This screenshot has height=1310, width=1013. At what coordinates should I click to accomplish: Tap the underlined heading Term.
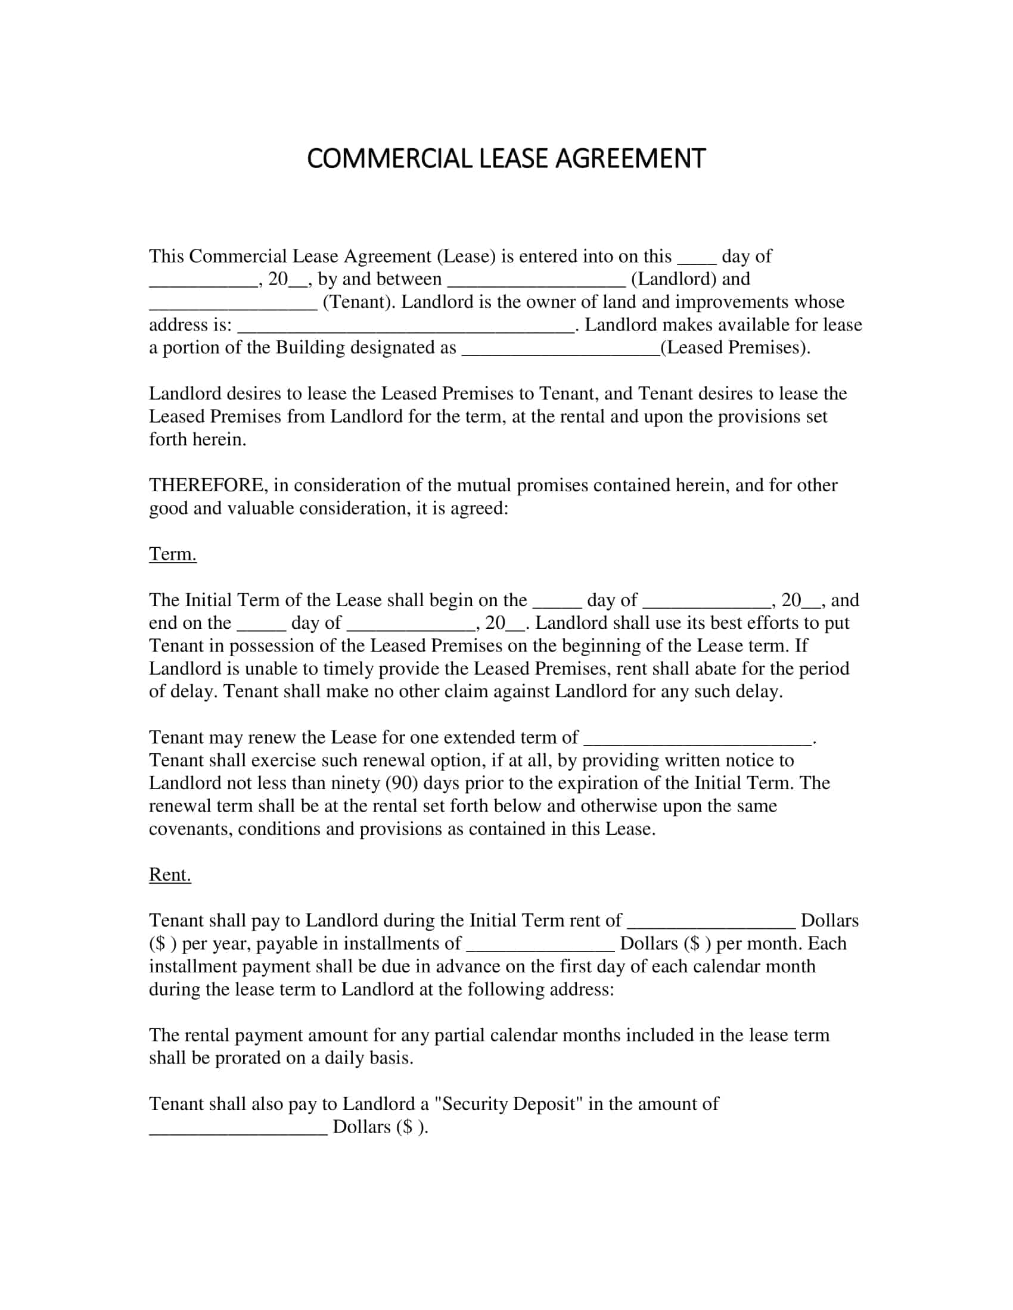[x=172, y=554]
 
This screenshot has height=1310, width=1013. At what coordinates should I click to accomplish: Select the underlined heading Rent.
[x=170, y=875]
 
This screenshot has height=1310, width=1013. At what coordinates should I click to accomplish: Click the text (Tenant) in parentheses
[x=359, y=302]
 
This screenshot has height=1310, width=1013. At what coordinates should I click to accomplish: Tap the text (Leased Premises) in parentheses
[x=735, y=348]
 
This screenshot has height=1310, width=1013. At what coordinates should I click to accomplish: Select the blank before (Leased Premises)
[x=561, y=350]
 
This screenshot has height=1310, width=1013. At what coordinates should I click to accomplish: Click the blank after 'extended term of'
[x=697, y=740]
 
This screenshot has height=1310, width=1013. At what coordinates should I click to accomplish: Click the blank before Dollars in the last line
[x=238, y=1130]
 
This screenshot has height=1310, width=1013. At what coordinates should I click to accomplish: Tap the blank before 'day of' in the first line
[x=697, y=258]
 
